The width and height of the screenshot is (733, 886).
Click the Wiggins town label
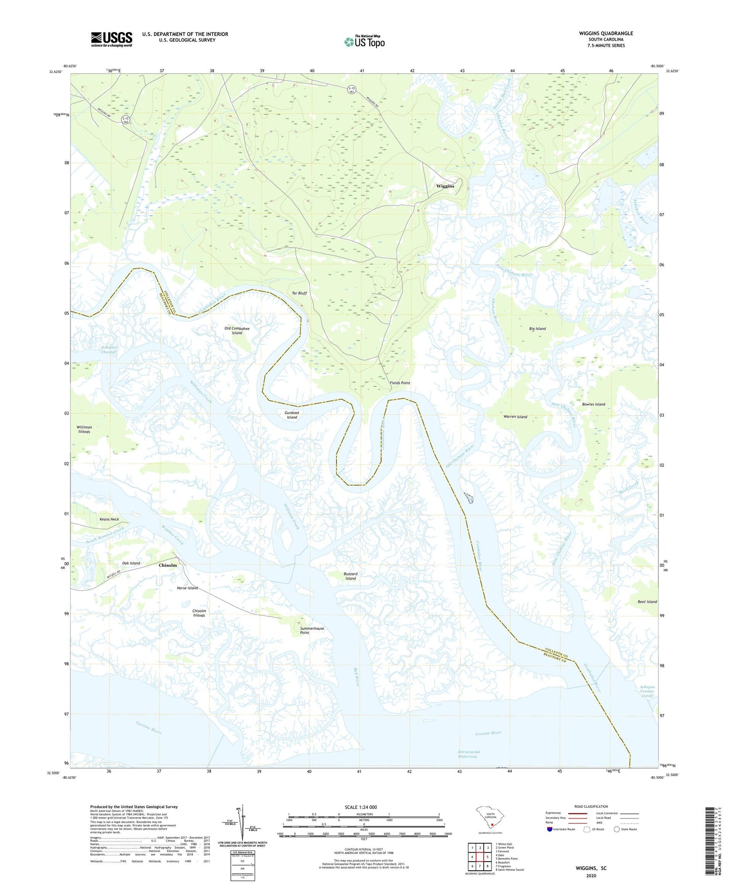pos(445,186)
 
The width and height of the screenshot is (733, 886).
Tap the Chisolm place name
pos(168,565)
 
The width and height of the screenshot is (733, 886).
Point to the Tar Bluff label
pos(299,293)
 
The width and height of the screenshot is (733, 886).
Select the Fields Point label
pos(400,383)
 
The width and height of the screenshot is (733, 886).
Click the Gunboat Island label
pos(292,415)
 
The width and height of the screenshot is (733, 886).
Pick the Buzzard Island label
pos(351,576)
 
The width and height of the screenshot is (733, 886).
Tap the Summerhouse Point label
pos(311,631)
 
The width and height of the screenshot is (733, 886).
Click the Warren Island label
pos(515,417)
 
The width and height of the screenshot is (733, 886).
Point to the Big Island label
pos(537,329)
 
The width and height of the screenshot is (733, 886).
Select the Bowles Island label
pos(594,404)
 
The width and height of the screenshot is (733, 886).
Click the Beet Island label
pos(647,602)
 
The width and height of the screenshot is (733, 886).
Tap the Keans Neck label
pos(109,520)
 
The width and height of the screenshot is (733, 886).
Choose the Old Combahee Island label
pos(237,331)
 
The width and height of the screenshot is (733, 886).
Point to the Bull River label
pos(357,677)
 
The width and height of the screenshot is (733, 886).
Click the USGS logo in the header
pos(112,39)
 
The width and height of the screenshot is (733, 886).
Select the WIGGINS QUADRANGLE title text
pos(606,33)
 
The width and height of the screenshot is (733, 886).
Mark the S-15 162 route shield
pos(125,120)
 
